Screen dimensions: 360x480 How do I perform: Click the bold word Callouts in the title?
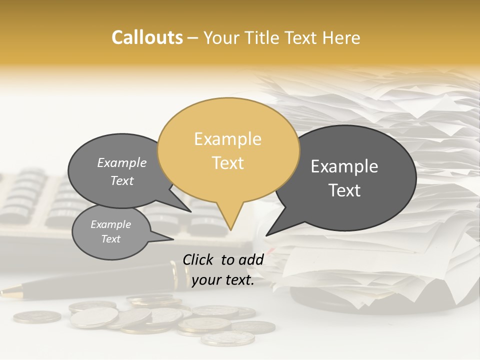coord(147,38)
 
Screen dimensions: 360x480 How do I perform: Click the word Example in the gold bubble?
coord(227,139)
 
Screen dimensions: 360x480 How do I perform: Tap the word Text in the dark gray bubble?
coord(344,190)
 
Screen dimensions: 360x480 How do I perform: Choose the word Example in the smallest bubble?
coord(110,225)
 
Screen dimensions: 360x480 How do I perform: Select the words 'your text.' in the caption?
coord(222,280)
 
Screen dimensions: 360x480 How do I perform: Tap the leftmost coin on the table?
coord(37,316)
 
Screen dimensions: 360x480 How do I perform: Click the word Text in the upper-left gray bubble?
coord(122,181)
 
